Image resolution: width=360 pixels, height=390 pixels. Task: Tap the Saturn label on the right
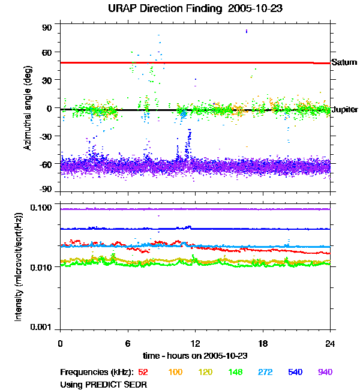(x=344, y=62)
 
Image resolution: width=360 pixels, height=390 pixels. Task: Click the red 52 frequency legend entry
(x=143, y=372)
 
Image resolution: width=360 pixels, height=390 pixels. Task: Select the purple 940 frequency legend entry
(x=325, y=372)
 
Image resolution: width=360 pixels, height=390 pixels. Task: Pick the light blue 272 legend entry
(x=264, y=372)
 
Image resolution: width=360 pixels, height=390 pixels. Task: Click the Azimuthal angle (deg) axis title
(x=28, y=108)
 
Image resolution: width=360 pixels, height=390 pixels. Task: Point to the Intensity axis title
(x=19, y=266)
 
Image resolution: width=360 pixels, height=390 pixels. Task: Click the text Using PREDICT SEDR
(x=104, y=383)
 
